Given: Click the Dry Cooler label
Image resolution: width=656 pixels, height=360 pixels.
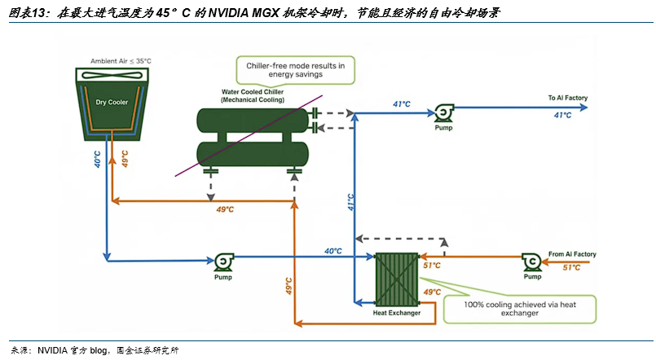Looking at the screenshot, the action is [112, 102].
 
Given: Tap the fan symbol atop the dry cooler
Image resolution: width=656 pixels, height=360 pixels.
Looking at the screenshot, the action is [112, 75].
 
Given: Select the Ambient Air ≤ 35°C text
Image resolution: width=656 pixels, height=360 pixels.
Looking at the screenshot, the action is [121, 61].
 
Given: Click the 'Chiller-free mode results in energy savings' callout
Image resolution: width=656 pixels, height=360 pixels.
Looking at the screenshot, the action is [295, 70].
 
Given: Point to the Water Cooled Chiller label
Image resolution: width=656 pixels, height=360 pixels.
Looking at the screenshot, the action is [253, 96].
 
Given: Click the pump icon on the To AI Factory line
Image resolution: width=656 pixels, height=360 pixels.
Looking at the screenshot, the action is [443, 113].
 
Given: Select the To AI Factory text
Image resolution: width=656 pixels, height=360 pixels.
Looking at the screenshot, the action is [568, 98].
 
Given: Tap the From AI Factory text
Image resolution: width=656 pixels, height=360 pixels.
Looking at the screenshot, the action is [572, 254].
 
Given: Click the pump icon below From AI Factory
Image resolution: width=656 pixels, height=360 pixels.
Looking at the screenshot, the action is [532, 262].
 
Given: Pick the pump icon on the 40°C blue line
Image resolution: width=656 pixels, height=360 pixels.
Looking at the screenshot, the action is [224, 262].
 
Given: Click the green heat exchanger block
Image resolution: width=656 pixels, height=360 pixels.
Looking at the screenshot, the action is [397, 279].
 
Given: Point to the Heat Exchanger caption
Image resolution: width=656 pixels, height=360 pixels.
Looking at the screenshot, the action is [397, 313].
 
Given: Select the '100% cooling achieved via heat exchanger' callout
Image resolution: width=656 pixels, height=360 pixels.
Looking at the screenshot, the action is [520, 309].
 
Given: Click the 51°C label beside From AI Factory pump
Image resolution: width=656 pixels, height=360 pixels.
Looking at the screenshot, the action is [571, 268].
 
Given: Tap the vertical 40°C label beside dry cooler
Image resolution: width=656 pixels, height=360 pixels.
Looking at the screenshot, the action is [98, 160].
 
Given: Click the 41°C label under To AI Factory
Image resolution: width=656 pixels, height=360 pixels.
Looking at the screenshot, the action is [562, 115].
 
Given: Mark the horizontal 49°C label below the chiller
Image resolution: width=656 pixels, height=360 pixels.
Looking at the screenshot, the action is [225, 209].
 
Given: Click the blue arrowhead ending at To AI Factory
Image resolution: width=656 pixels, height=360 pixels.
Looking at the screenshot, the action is [583, 108].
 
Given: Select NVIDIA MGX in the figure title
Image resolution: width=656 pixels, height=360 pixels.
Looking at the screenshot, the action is [243, 13].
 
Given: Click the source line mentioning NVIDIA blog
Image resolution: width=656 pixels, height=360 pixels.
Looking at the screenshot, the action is [95, 350].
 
